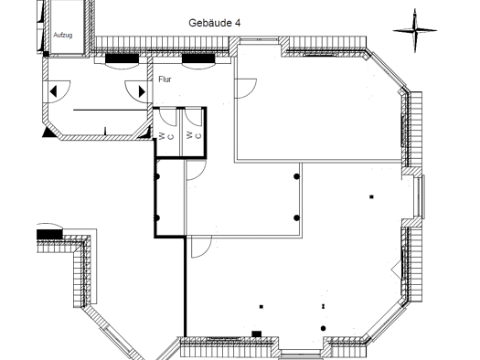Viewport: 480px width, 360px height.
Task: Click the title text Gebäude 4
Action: coord(214,23)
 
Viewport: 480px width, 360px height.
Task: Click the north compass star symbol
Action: coord(415,30)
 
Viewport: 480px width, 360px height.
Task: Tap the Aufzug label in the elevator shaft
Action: coord(63,35)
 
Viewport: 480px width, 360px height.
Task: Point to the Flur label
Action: coord(165,79)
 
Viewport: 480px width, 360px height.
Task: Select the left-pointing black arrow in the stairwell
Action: coord(53,91)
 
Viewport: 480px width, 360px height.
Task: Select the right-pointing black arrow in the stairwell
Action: coord(142,91)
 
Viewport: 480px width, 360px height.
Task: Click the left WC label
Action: coord(166,136)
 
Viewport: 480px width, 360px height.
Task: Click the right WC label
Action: coord(194,135)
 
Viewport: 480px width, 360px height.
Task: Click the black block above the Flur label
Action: coord(198,58)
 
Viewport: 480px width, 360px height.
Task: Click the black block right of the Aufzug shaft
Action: coord(122,58)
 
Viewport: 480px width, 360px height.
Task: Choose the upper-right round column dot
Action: coord(296,176)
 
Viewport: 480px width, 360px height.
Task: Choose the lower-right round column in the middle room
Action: coord(296,217)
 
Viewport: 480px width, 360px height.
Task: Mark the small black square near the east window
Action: coord(371,196)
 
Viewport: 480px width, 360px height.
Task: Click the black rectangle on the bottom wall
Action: coord(257,334)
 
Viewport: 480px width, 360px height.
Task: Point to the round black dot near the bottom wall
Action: coord(324,329)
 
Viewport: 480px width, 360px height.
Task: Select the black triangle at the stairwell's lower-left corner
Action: coord(48,132)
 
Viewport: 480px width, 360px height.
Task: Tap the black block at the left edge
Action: coord(49,235)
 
